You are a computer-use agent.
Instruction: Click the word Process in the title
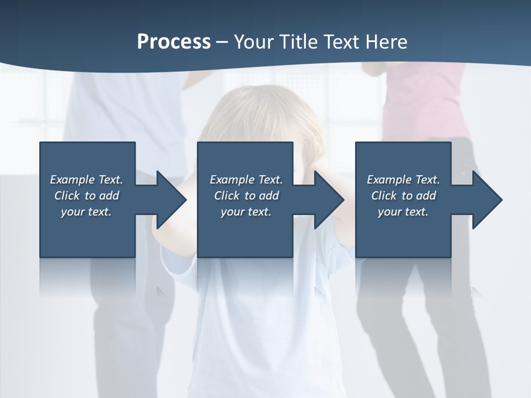[x=174, y=41]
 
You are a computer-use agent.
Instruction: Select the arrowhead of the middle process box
[x=328, y=200]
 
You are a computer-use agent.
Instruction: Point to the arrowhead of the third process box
[x=486, y=200]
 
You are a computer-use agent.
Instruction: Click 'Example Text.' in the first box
[x=86, y=180]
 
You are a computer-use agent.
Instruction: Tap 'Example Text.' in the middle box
[x=246, y=180]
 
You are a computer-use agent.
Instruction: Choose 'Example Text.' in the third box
[x=403, y=180]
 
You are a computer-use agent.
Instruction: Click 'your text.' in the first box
[x=86, y=212]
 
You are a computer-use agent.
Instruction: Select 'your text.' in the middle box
[x=246, y=212]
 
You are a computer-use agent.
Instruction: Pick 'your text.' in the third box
[x=403, y=212]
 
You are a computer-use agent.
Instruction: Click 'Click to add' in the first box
[x=86, y=196]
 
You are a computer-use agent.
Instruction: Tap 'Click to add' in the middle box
[x=246, y=196]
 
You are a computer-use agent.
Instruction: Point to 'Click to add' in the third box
[x=403, y=196]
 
